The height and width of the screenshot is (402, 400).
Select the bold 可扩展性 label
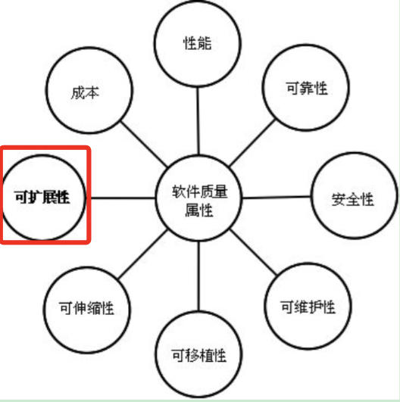[42, 198]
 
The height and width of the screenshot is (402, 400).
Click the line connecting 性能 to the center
[198, 121]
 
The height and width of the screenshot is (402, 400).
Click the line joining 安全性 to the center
[277, 197]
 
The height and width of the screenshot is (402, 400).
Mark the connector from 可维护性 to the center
[254, 253]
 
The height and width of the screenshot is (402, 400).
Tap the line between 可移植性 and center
[198, 276]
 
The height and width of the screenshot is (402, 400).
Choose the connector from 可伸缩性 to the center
[143, 254]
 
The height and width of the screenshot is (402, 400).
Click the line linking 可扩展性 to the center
[123, 198]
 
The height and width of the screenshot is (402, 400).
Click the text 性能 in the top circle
[197, 43]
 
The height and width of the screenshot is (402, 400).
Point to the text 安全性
[352, 199]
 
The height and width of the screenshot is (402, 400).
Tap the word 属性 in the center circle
[199, 210]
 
